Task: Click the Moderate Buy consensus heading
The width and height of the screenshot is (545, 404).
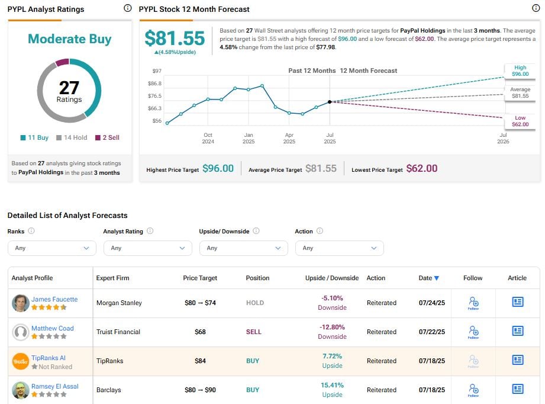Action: tap(69, 39)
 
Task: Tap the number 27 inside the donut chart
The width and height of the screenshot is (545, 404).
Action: tap(69, 88)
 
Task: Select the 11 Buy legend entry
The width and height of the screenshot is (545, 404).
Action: tap(34, 137)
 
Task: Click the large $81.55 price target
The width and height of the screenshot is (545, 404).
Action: tap(175, 38)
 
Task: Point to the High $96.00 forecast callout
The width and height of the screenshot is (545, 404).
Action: tap(520, 70)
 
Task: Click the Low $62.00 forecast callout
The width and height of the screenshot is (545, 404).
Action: tap(520, 121)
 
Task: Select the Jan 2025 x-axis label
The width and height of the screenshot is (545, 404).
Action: tap(249, 138)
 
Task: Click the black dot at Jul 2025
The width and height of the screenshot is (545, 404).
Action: tap(330, 102)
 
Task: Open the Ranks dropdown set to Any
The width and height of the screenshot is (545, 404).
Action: tap(51, 248)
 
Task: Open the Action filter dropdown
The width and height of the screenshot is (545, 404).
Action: tap(339, 248)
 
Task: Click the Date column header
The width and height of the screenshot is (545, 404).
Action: tap(429, 278)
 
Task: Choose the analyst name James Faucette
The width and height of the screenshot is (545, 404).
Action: tap(54, 299)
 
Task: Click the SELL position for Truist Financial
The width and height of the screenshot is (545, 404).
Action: tap(253, 332)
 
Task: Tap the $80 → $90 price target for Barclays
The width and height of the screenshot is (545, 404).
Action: tap(200, 390)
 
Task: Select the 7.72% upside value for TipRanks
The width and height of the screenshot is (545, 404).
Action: tap(332, 357)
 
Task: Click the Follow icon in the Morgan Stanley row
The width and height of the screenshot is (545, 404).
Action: tap(473, 303)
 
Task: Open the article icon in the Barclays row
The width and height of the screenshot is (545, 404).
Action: tap(518, 389)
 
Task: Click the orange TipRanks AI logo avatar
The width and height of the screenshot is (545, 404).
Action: tap(21, 361)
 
